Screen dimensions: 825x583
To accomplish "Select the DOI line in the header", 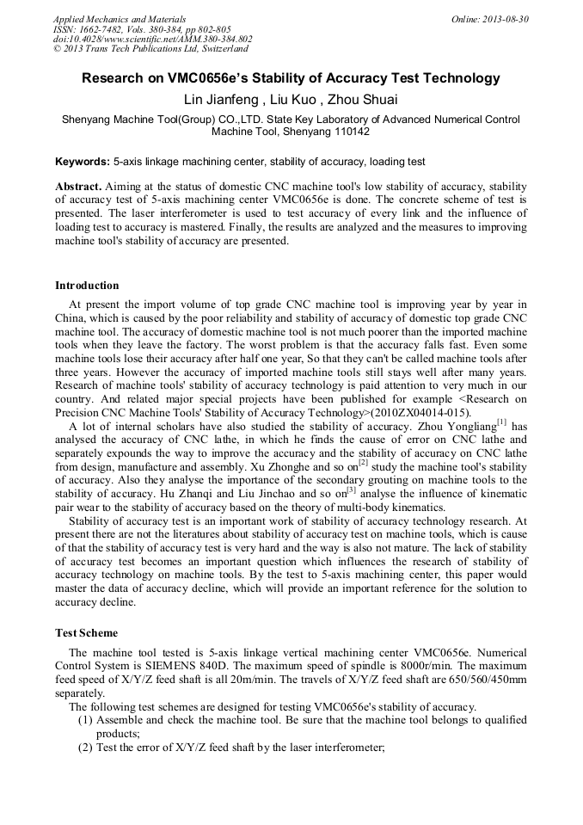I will pyautogui.click(x=152, y=40).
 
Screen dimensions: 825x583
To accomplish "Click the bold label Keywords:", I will pyautogui.click(x=83, y=162).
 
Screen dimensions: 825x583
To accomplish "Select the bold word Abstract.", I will pyautogui.click(x=78, y=186).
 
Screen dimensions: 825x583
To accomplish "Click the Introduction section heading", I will pyautogui.click(x=87, y=286).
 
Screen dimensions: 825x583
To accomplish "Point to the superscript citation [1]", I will pyautogui.click(x=502, y=422).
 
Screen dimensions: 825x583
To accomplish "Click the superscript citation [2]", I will pyautogui.click(x=363, y=462).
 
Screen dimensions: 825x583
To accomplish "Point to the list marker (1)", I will pyautogui.click(x=85, y=721).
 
